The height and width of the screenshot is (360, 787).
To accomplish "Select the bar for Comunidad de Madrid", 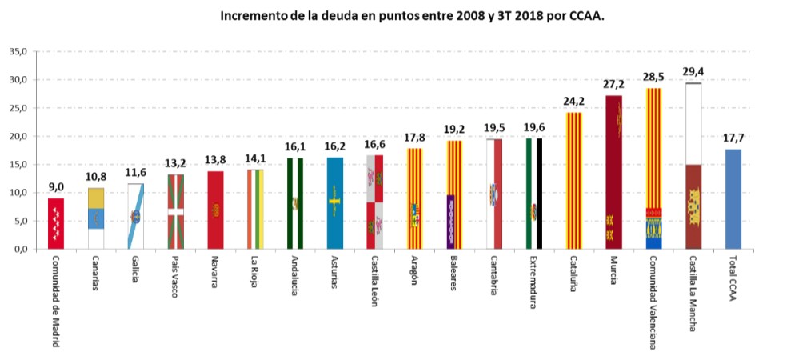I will tap(55, 223).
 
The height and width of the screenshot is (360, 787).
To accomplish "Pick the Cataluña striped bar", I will tap(573, 180).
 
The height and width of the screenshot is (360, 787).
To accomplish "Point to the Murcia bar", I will tap(613, 172).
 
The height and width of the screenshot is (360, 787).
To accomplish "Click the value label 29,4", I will tap(693, 71).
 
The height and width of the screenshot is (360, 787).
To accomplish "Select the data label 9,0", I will tap(55, 187).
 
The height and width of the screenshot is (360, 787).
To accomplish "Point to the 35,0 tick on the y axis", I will tap(17, 52).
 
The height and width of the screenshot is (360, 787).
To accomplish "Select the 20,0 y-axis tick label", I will tap(17, 136).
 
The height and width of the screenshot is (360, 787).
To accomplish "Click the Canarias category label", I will tap(95, 274).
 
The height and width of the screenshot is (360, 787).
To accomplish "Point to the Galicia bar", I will tap(135, 216).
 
